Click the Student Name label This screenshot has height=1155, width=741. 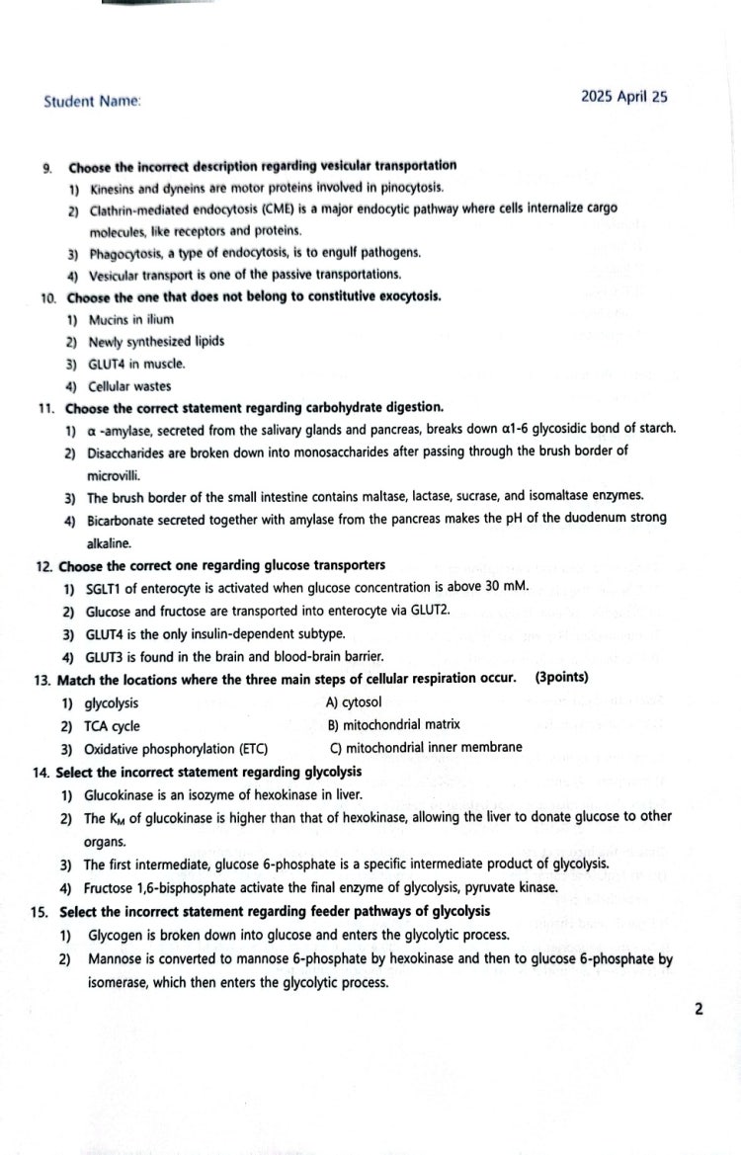pyautogui.click(x=92, y=101)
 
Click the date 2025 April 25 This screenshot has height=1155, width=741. pyautogui.click(x=624, y=96)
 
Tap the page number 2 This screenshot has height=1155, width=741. pyautogui.click(x=699, y=1009)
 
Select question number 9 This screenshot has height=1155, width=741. pyautogui.click(x=47, y=166)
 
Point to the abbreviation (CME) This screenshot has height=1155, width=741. pyautogui.click(x=281, y=208)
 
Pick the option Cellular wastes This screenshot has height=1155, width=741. pyautogui.click(x=128, y=386)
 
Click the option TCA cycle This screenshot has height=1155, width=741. pyautogui.click(x=112, y=726)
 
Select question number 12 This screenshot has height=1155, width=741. pyautogui.click(x=43, y=566)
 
